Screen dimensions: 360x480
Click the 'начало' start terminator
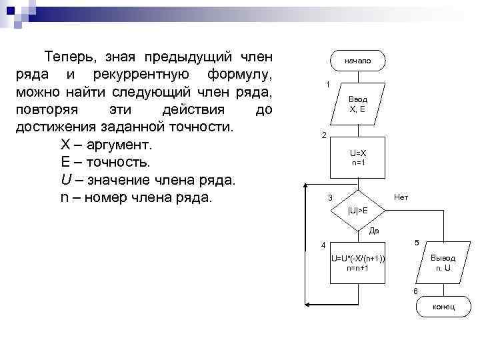coord(358,61)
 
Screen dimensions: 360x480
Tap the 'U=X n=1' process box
coord(358,158)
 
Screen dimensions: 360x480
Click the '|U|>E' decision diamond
coord(358,211)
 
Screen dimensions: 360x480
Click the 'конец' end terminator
coord(443,306)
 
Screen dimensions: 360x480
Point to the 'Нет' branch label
coord(401,197)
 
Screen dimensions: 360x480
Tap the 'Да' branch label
coord(374,231)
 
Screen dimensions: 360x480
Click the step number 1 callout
coord(327,85)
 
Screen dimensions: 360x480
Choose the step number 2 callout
coord(323,135)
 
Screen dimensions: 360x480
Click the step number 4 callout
coord(323,243)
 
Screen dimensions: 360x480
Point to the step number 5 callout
coord(417,242)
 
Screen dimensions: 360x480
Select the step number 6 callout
coord(415,291)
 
